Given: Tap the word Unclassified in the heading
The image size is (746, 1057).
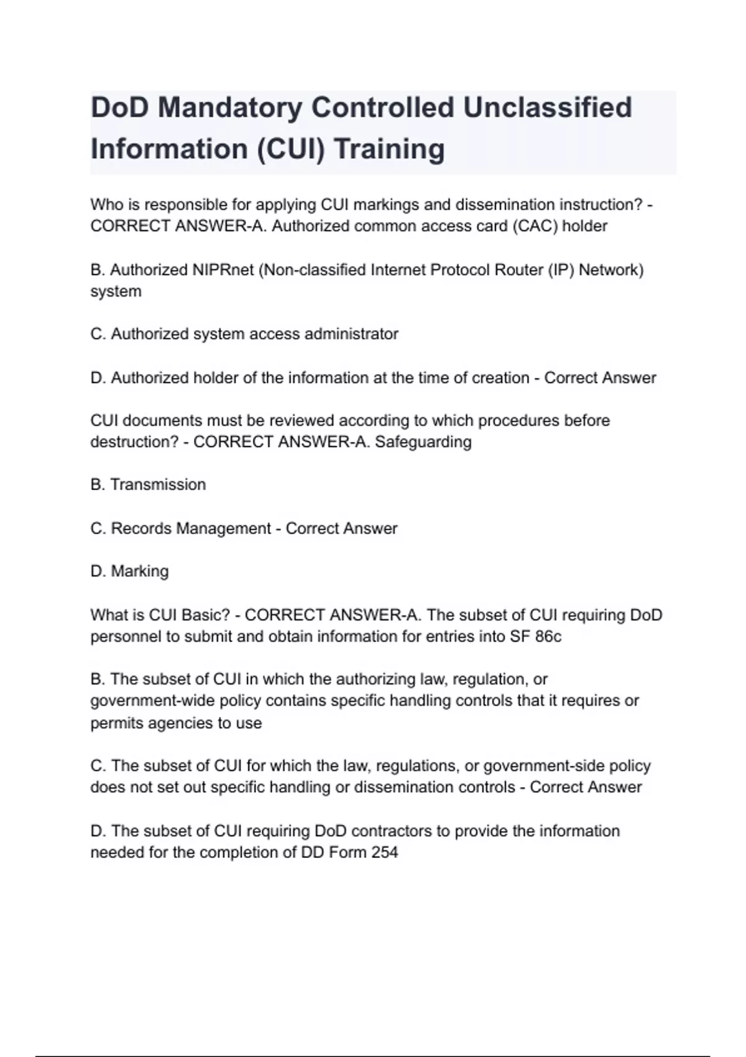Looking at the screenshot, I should click(547, 108).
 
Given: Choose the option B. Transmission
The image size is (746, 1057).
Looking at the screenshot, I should click(148, 484).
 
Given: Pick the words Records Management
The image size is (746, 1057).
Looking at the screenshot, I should click(191, 528).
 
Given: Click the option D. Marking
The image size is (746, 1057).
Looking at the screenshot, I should click(129, 571).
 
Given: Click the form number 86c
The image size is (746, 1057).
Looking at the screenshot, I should click(548, 637).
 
